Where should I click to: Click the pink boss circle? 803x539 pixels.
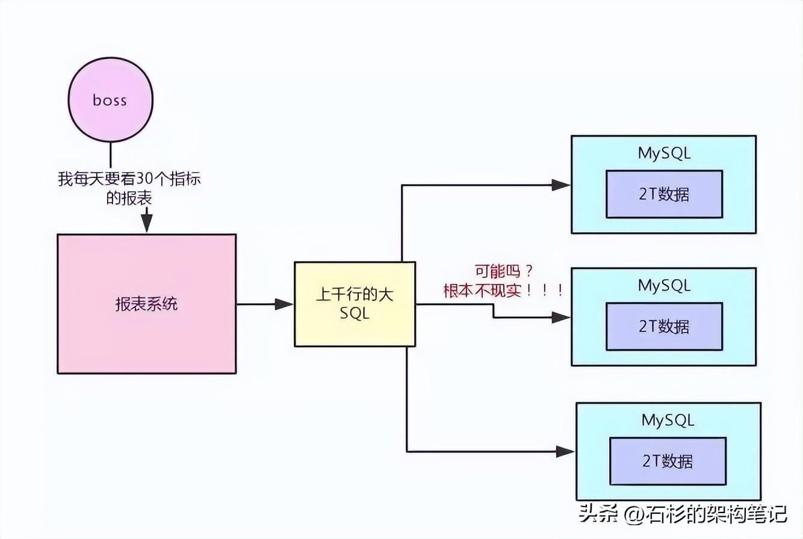tap(110, 100)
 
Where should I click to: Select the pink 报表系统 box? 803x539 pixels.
tap(146, 304)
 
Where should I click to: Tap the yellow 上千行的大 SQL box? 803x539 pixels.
tap(355, 304)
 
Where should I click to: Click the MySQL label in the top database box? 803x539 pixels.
tap(664, 153)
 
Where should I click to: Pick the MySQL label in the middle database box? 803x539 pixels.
tap(664, 285)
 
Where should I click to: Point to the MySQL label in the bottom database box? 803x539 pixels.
tap(668, 419)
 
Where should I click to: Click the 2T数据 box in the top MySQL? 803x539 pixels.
tap(664, 194)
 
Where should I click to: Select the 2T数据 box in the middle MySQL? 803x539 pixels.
tap(664, 326)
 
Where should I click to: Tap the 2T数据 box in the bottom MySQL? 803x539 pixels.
tap(668, 461)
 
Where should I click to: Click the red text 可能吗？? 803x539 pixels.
tap(503, 271)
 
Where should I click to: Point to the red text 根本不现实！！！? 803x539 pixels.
tap(503, 291)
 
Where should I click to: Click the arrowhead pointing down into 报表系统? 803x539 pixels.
tap(146, 227)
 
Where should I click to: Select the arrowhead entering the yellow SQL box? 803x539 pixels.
tap(284, 304)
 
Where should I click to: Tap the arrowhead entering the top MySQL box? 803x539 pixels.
tap(561, 185)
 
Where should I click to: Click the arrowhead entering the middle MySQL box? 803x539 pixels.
tap(561, 318)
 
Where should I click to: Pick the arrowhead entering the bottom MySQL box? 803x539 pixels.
tap(566, 451)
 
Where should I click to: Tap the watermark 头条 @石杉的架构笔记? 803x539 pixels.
tap(683, 514)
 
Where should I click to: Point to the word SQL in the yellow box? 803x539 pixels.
tap(355, 314)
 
